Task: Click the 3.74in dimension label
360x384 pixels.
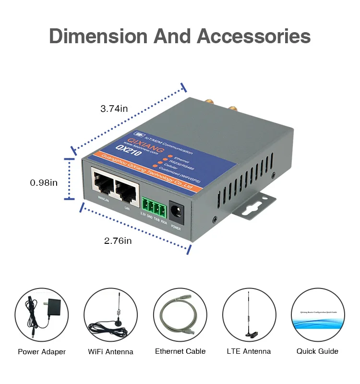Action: (114, 108)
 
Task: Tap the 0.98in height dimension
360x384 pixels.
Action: (44, 182)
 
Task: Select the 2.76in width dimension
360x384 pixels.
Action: (118, 240)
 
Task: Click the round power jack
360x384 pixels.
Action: (177, 210)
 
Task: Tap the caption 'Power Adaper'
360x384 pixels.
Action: (42, 352)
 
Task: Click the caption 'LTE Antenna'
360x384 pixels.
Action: (249, 351)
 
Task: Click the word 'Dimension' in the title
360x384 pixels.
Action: (98, 37)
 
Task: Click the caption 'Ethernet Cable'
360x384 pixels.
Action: (180, 351)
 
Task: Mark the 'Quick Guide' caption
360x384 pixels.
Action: (317, 351)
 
